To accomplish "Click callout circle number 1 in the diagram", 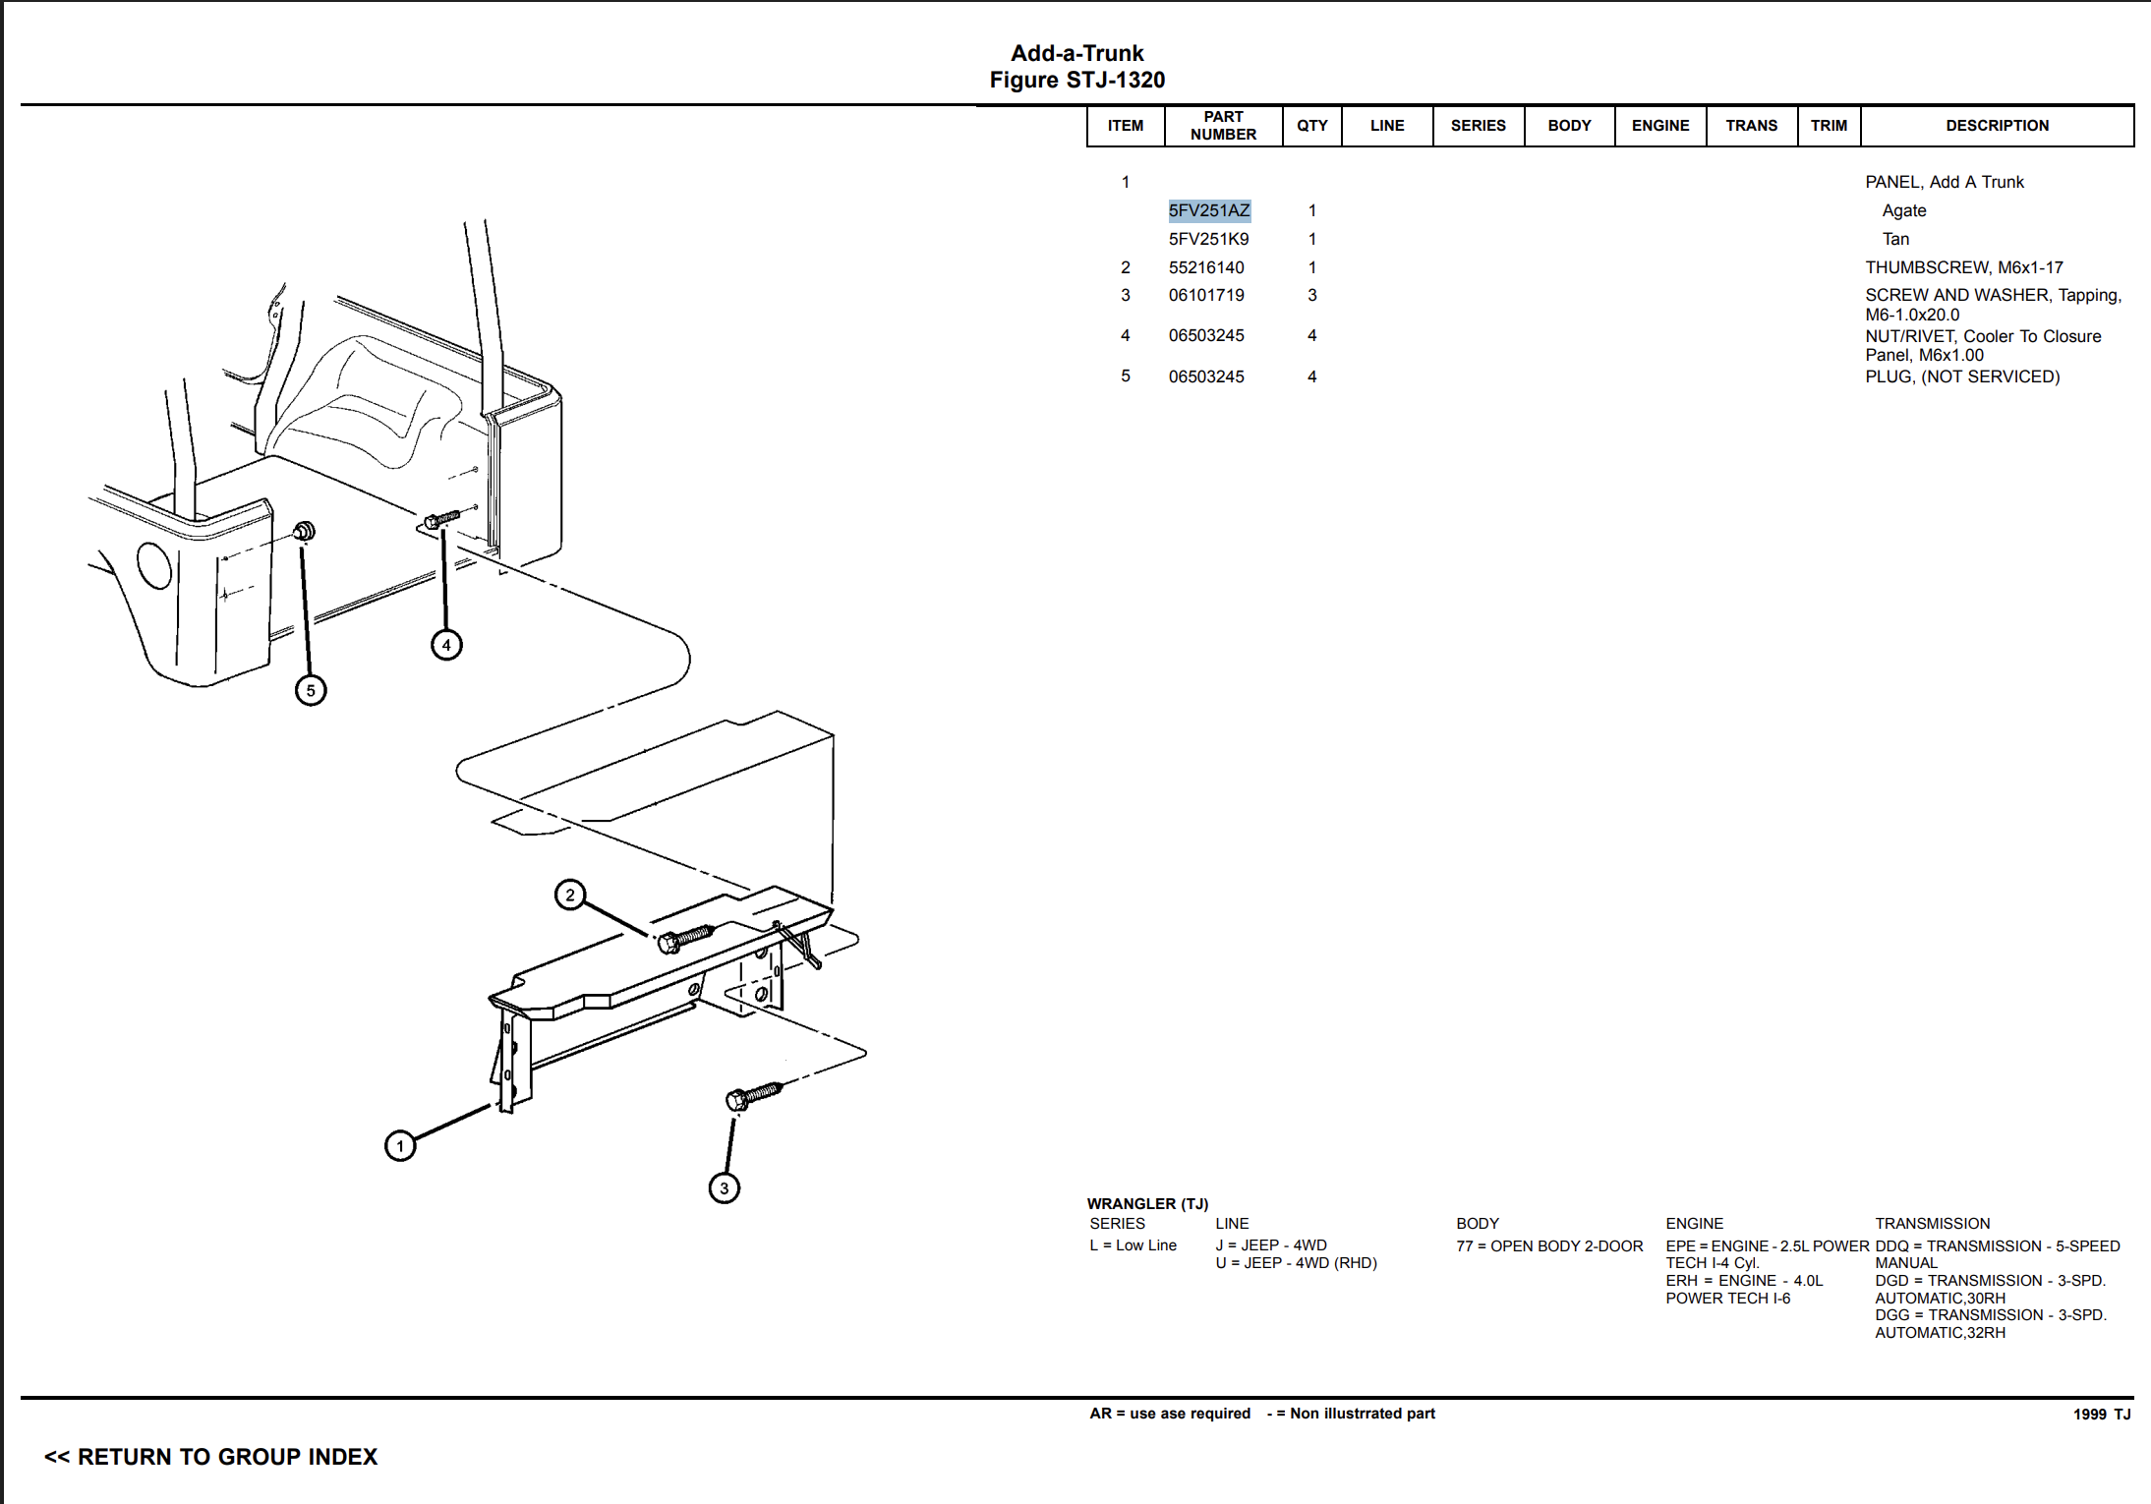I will pyautogui.click(x=400, y=1145).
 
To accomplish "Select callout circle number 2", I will pyautogui.click(x=570, y=895).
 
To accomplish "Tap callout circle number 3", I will pyautogui.click(x=725, y=1187).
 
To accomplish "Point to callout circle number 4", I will pyautogui.click(x=446, y=645).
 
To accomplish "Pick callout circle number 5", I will pyautogui.click(x=311, y=690).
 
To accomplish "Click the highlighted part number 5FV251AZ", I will pyautogui.click(x=1208, y=210).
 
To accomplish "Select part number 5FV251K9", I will pyautogui.click(x=1208, y=239).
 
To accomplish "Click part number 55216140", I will pyautogui.click(x=1206, y=267).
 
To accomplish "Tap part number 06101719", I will pyautogui.click(x=1206, y=295).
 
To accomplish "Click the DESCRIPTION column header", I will pyautogui.click(x=1997, y=126).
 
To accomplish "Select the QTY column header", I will pyautogui.click(x=1311, y=126).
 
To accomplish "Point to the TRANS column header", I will pyautogui.click(x=1751, y=126).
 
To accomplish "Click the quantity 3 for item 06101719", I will pyautogui.click(x=1311, y=295).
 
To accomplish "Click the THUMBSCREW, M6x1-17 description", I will pyautogui.click(x=1963, y=267).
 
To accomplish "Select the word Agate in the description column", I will pyautogui.click(x=1903, y=210).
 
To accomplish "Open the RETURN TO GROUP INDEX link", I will pyautogui.click(x=210, y=1457).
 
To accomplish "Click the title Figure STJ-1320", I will pyautogui.click(x=1076, y=80).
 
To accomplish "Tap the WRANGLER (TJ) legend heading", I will pyautogui.click(x=1147, y=1203).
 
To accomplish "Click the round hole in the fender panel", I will pyautogui.click(x=154, y=565).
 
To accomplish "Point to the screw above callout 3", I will pyautogui.click(x=753, y=1095).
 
